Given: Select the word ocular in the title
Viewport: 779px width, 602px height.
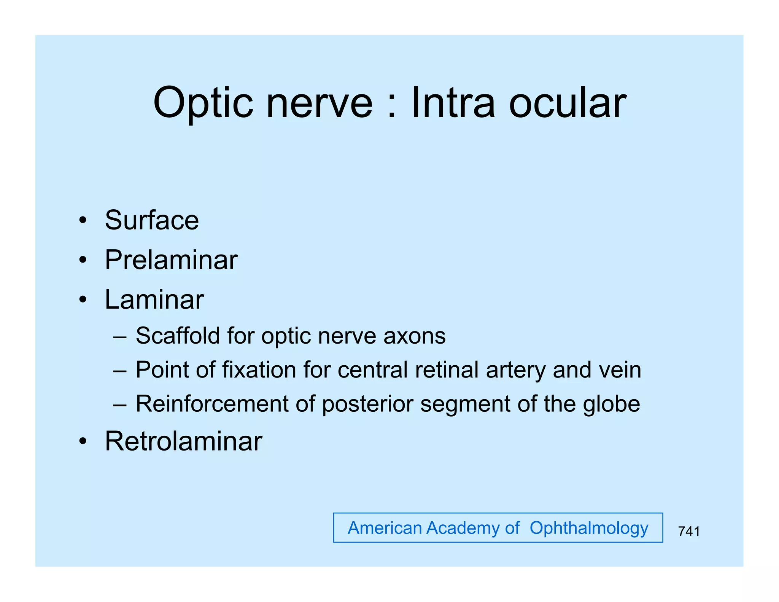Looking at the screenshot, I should (x=568, y=103).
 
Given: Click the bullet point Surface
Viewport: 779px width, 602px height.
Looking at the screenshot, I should (x=152, y=220).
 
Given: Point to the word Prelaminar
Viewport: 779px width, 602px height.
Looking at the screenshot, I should (x=171, y=260).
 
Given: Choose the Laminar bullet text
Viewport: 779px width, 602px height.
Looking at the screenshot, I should (x=154, y=299).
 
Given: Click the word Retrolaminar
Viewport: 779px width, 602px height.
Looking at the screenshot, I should (x=183, y=441).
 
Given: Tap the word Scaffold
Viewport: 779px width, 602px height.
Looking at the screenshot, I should (x=178, y=336).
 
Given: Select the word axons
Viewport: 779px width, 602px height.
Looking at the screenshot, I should (x=414, y=336).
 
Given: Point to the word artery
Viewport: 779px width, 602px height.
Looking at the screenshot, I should (x=515, y=370).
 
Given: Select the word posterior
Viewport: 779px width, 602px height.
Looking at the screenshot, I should (x=367, y=405).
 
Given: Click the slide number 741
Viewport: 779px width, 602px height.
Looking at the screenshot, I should (x=689, y=531).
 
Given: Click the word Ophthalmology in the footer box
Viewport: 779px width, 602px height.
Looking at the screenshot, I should (x=589, y=528).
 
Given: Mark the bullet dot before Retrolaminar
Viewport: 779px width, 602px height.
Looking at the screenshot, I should (x=83, y=441).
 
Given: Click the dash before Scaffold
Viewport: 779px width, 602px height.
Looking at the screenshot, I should (x=119, y=337).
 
